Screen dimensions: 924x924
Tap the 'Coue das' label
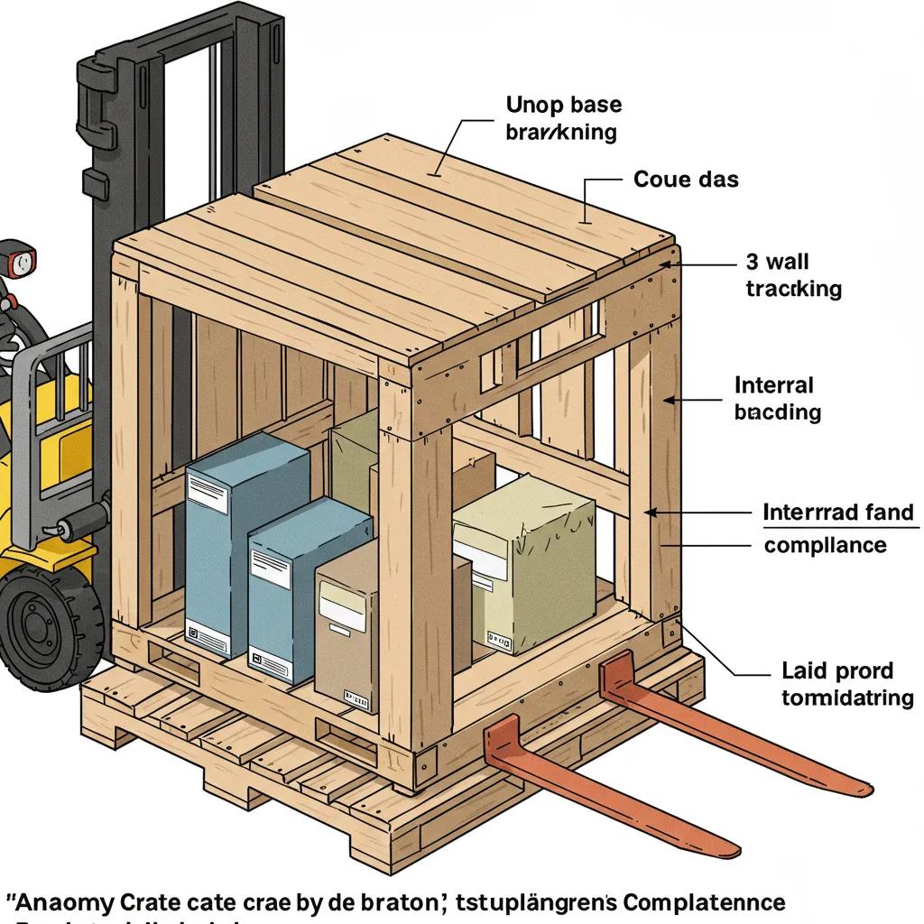pos(686,180)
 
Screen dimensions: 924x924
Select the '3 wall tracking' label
pos(793,275)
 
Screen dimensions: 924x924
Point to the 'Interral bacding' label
pos(777,399)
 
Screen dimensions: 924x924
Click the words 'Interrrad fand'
pos(838,513)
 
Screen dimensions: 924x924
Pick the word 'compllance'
pos(825,545)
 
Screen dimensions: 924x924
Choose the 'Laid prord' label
pos(836,670)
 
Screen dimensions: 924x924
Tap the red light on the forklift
pos(19,263)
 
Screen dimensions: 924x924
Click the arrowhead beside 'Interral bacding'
pos(669,398)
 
